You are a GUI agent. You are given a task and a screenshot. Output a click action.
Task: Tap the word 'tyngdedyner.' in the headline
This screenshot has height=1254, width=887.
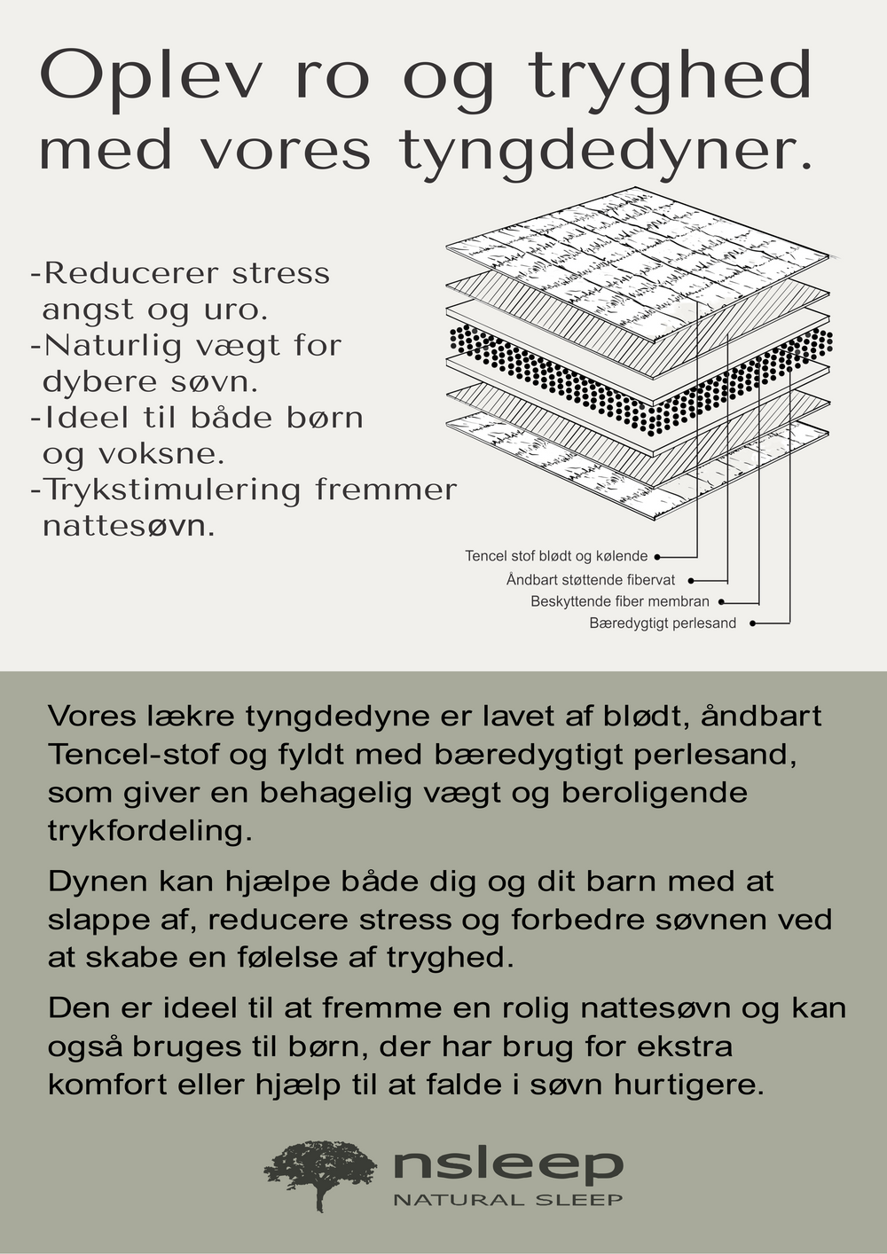[x=606, y=152]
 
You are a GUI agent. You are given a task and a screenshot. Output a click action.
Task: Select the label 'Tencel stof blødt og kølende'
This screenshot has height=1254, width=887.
[x=556, y=556]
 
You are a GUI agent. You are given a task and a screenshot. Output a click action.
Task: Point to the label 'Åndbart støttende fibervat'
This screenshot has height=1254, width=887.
[x=591, y=580]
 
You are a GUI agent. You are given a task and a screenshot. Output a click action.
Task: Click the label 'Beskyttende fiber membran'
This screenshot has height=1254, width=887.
[x=620, y=601]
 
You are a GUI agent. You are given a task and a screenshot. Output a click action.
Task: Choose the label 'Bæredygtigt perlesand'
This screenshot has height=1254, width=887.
[x=663, y=623]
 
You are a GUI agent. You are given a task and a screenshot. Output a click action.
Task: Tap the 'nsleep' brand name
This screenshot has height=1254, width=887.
[x=508, y=1164]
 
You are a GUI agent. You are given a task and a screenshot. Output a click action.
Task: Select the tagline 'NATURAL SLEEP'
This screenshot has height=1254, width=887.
[x=508, y=1200]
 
